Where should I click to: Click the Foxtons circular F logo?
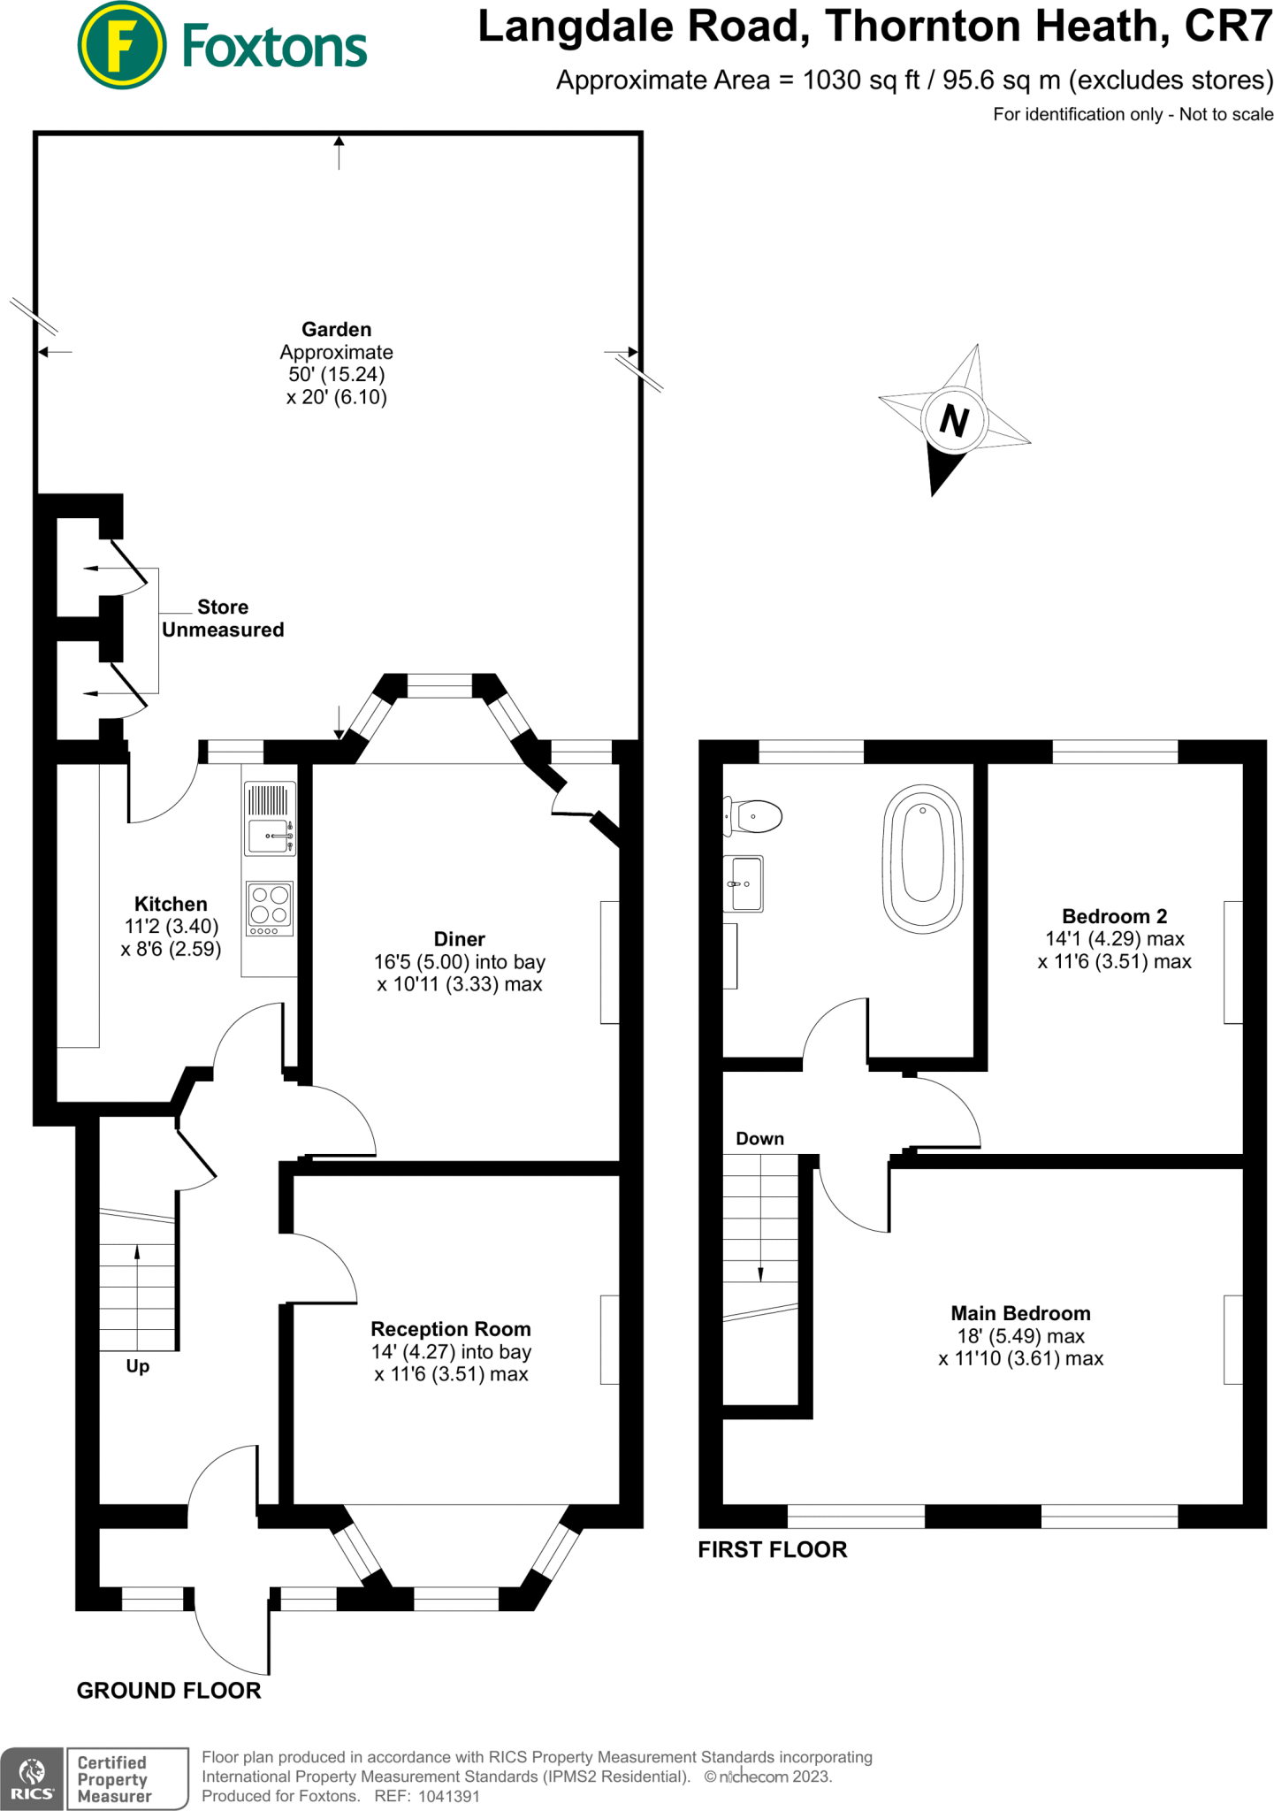121,45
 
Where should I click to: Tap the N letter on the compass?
954,420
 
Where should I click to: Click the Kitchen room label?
171,904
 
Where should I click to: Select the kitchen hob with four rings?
270,908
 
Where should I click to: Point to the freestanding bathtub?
922,858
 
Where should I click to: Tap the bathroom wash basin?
744,883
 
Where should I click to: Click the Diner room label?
459,939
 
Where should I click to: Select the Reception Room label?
451,1329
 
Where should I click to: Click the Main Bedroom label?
1020,1313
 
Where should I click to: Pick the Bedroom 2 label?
1114,916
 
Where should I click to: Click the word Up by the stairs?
138,1366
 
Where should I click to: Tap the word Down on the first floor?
759,1139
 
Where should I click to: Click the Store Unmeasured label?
223,618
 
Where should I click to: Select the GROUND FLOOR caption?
169,1691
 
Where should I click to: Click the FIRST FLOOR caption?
772,1549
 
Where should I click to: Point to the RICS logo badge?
32,1778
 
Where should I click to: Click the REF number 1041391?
448,1796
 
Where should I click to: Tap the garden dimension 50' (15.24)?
336,374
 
